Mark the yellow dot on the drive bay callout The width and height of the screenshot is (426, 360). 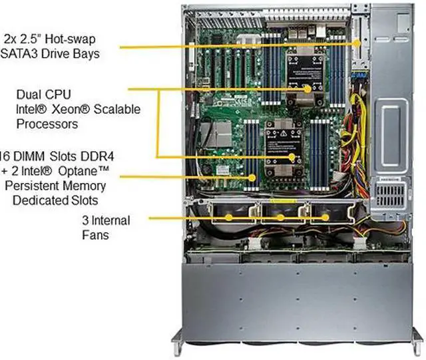tap(358, 42)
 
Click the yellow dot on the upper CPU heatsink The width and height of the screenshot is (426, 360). tap(307, 89)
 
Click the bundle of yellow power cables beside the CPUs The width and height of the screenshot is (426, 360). tap(350, 133)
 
